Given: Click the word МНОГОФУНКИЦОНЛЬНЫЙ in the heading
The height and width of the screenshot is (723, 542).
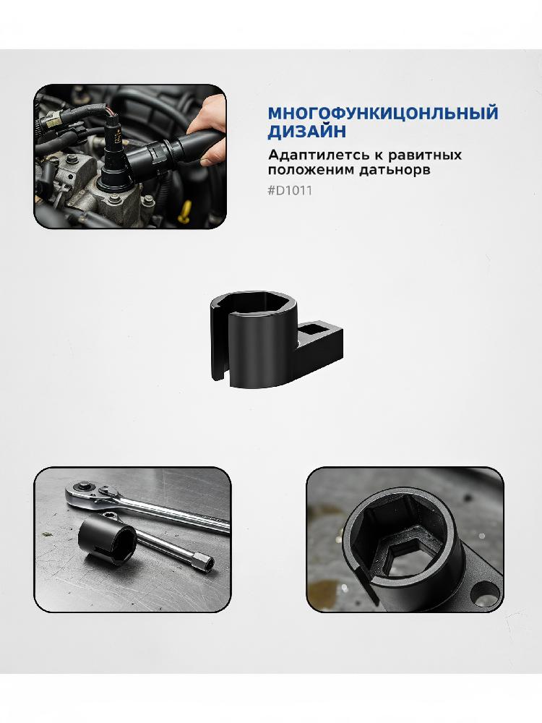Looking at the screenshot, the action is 383,113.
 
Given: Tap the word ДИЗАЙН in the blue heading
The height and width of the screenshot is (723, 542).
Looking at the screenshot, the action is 306,132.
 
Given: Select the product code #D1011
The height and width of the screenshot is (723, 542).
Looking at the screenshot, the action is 290,190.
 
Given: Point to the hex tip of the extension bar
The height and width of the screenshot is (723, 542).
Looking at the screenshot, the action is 205,562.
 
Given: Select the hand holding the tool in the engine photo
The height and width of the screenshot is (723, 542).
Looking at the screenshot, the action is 208,129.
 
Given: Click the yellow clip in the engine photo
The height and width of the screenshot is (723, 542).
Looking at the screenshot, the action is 185,213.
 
